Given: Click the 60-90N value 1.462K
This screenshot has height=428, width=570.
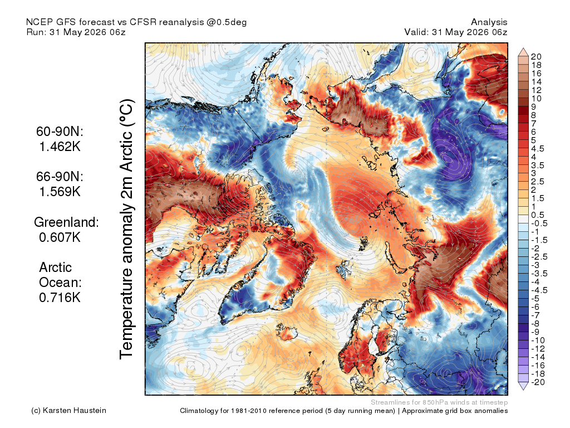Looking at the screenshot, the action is pos(60,147).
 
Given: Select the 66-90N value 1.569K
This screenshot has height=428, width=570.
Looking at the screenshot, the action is pos(60,192).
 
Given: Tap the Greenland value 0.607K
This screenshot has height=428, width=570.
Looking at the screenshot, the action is pos(60,237).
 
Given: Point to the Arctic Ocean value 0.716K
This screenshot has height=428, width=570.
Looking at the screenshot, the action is pos(60,298).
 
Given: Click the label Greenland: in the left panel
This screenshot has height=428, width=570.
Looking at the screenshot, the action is pos(67,222).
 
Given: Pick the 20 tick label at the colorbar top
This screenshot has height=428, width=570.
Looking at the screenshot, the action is pos(536,57).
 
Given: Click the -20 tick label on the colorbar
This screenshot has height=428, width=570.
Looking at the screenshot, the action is pos(538,382).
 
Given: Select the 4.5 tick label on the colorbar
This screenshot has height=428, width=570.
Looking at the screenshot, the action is pos(538,149).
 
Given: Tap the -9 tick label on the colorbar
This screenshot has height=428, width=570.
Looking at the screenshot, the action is pos(535,332).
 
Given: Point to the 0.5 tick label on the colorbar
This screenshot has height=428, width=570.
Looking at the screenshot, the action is pos(538,215).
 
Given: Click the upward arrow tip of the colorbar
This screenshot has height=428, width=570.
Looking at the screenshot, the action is pos(523,48).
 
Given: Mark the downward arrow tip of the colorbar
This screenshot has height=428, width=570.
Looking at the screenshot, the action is pos(523,390).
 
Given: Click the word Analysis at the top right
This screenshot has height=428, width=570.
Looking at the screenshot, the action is pos(489,22).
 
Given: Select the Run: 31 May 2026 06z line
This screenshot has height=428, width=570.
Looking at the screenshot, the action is pos(76,32).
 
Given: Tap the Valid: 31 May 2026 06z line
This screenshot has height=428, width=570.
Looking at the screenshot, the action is pos(456,32).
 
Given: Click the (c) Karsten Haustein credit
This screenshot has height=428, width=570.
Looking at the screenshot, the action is pos(68,411).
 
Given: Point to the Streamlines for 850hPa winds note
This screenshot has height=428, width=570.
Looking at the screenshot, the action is pos(439,402).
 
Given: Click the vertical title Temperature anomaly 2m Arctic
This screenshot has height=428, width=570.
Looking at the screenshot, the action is pos(127,229).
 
